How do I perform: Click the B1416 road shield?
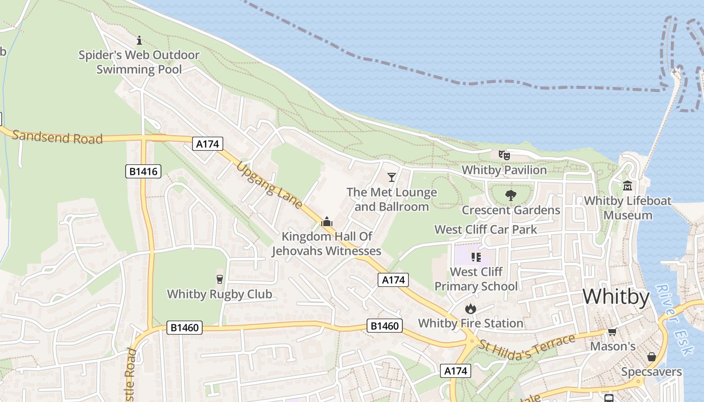point(143,171)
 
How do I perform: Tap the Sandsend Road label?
point(57,137)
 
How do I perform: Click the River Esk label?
point(672,307)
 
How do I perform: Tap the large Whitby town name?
point(616,296)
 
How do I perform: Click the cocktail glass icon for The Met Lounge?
point(392,177)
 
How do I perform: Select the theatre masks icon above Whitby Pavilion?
point(504,155)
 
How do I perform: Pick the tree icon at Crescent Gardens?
point(510,195)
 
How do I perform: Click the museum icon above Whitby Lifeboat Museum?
point(628,186)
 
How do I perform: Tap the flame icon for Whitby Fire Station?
point(471,309)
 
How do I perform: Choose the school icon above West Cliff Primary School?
point(476,257)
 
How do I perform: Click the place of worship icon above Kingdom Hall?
point(327,221)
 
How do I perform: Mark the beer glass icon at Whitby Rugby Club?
point(219,279)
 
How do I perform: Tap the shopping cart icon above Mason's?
point(612,332)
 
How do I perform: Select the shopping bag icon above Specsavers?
point(651,357)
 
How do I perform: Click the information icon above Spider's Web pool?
point(139,40)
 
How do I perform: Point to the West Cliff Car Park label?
point(486,230)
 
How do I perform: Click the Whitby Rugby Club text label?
point(219,294)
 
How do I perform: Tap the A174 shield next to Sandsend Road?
point(208,144)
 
